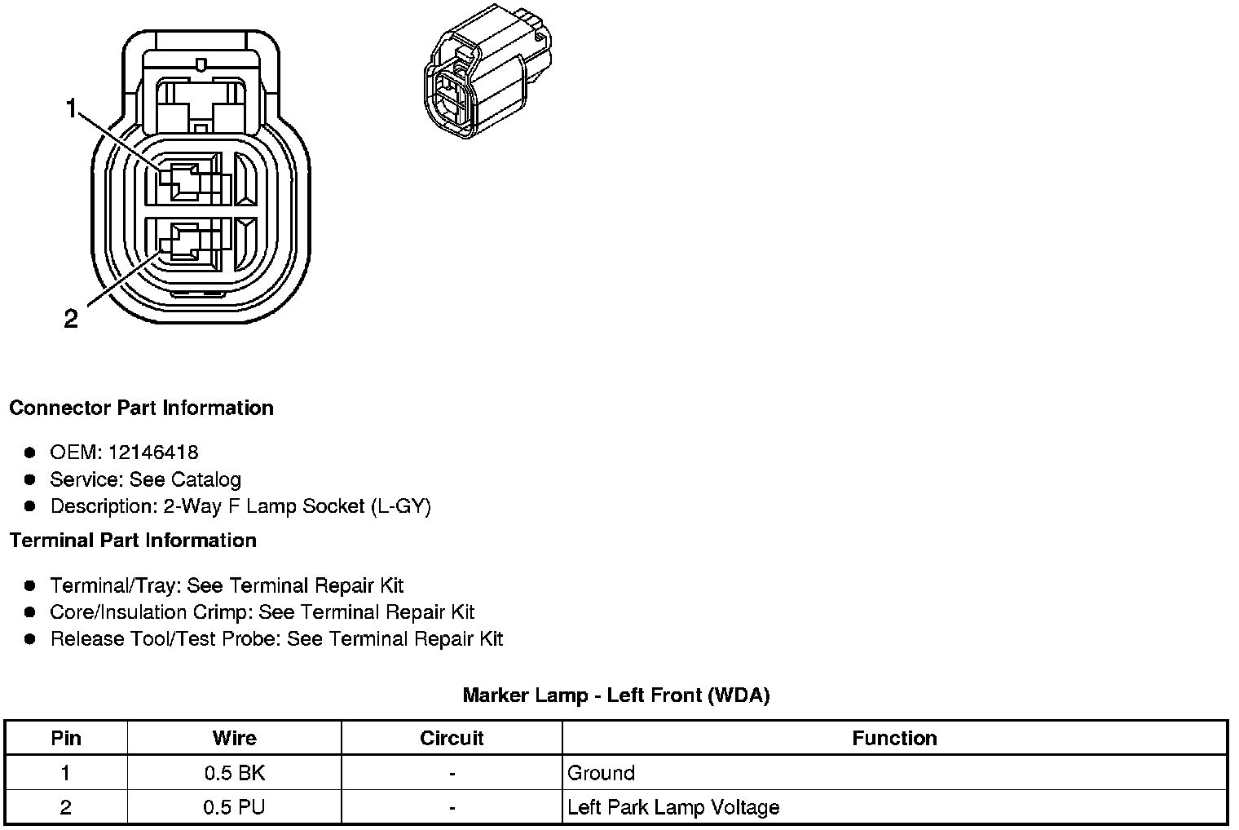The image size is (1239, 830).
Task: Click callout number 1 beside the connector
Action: pyautogui.click(x=72, y=108)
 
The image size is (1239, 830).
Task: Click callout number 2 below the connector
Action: pyautogui.click(x=71, y=319)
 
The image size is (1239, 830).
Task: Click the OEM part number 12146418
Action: pyautogui.click(x=152, y=453)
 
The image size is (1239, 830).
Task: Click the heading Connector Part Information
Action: pyautogui.click(x=141, y=408)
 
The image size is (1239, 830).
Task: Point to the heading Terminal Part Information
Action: pyautogui.click(x=133, y=541)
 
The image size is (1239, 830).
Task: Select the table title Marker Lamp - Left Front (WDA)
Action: pyautogui.click(x=615, y=695)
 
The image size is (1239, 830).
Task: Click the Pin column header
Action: pyautogui.click(x=66, y=739)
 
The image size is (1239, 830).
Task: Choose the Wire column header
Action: pyautogui.click(x=234, y=739)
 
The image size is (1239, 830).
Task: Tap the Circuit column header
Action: pyautogui.click(x=452, y=739)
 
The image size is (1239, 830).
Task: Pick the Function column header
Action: pyautogui.click(x=894, y=739)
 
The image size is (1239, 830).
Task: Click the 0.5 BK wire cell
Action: pyautogui.click(x=234, y=773)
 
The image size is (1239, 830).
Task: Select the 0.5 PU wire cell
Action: pyautogui.click(x=234, y=807)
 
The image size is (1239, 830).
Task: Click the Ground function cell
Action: pyautogui.click(x=601, y=773)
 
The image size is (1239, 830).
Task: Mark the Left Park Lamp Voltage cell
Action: pyautogui.click(x=673, y=807)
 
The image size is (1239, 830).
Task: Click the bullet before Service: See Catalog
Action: pyautogui.click(x=31, y=479)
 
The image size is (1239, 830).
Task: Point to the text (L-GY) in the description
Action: pyautogui.click(x=400, y=506)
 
